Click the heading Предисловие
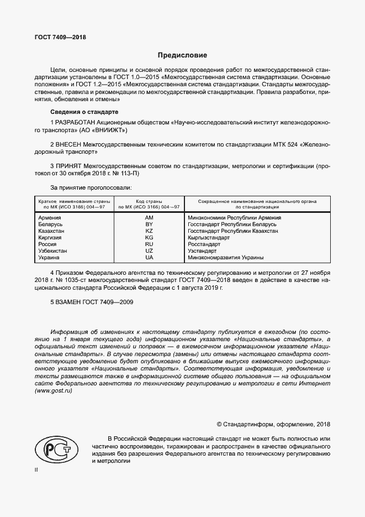coord(182,55)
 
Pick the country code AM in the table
coord(149,218)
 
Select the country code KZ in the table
coord(149,231)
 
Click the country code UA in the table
coord(149,258)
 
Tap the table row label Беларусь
coord(50,224)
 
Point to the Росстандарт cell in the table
coord(204,244)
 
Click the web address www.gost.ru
coord(54,391)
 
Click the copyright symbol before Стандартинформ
coord(220,425)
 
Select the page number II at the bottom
coord(36,470)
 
